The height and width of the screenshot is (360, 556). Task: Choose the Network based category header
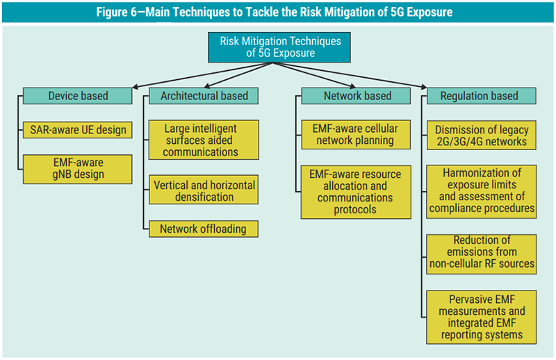pos(357,96)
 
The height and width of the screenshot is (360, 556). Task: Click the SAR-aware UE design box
pos(77,129)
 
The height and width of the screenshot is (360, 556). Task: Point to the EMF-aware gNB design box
pos(77,169)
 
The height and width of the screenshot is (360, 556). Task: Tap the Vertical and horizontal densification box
pos(203,191)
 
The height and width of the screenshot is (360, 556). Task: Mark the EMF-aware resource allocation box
pos(355,191)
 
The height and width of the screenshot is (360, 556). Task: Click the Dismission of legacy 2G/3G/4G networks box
pos(482,136)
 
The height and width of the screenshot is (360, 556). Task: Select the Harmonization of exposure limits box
pos(482,190)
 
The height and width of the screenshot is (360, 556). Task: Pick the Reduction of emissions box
pos(482,252)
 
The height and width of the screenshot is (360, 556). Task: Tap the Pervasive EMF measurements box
pos(482,316)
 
